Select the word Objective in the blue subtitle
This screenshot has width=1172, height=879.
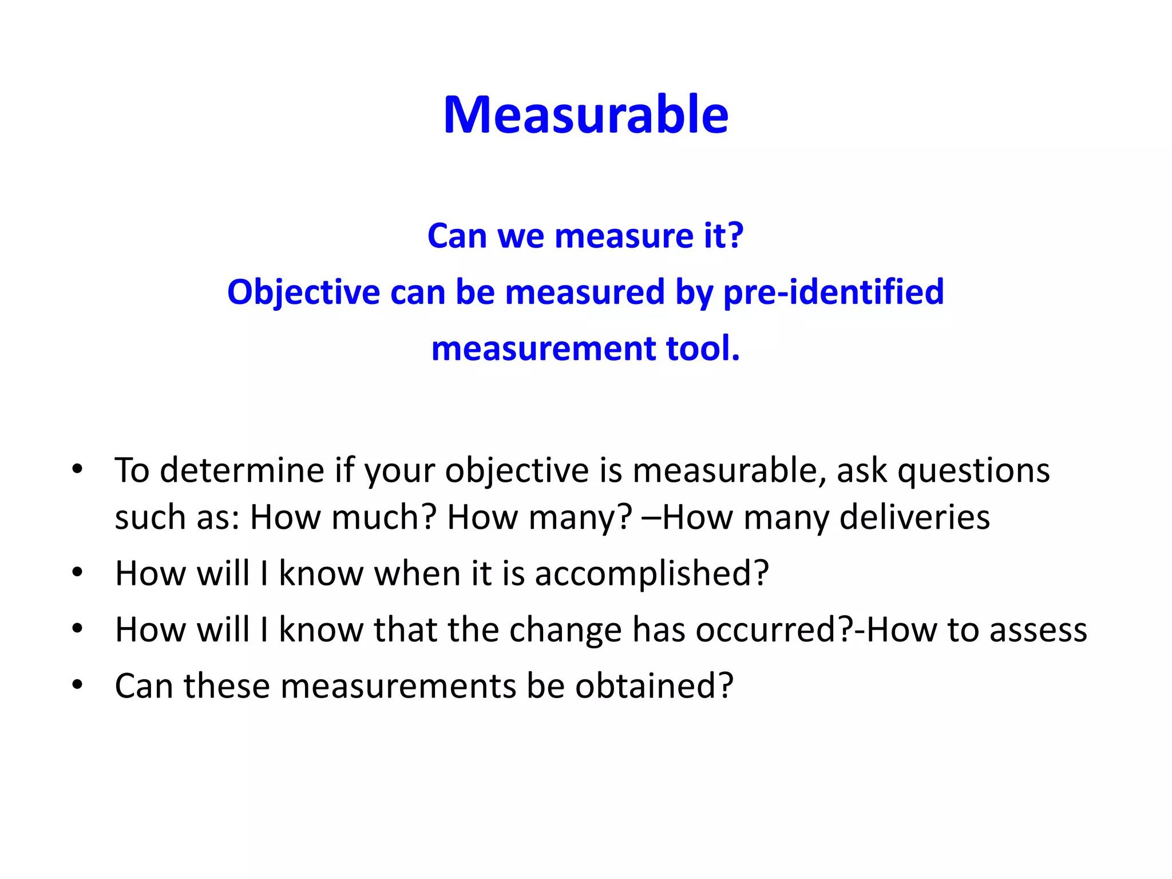[303, 292]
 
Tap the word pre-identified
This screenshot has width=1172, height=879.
[833, 292]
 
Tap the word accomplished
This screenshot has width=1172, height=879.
[651, 573]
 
